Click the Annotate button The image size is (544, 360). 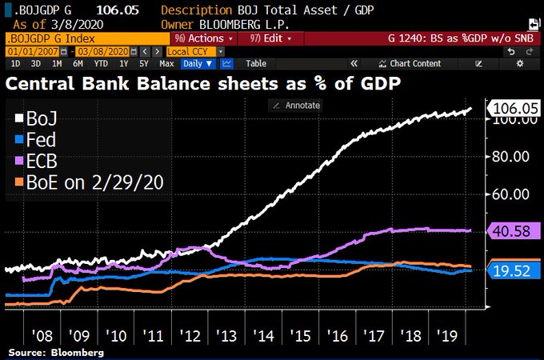point(297,105)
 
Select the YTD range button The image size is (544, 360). point(101,63)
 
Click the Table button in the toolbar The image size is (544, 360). point(256,63)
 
